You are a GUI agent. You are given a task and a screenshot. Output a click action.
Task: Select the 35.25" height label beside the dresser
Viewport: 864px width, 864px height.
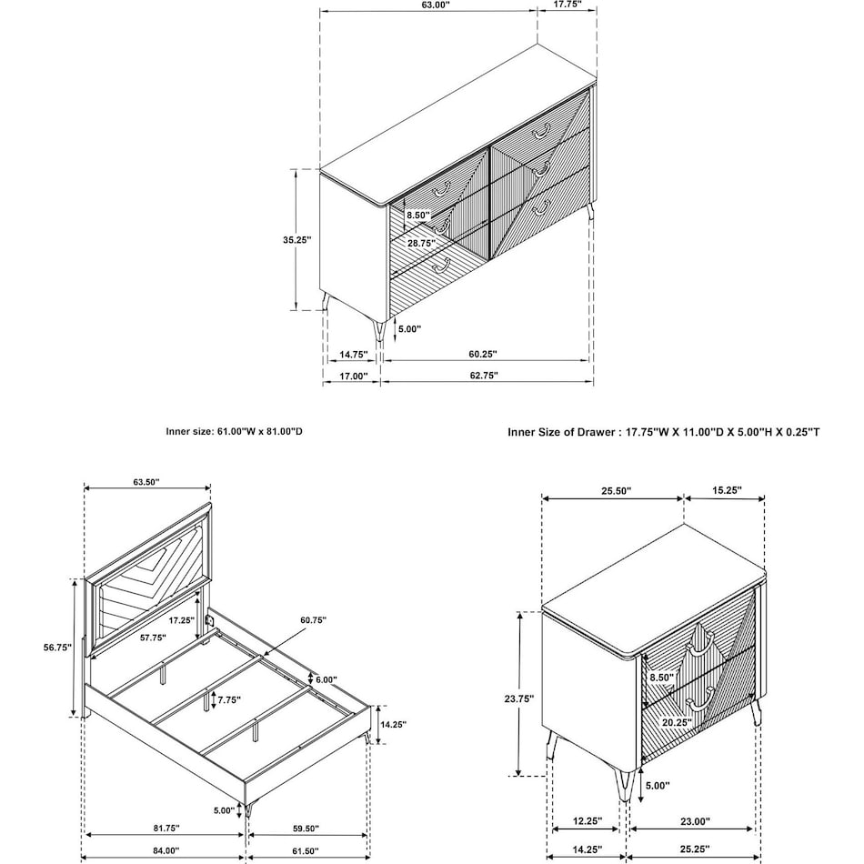(296, 240)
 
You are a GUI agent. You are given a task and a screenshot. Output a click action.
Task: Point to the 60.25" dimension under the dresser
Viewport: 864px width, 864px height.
(482, 353)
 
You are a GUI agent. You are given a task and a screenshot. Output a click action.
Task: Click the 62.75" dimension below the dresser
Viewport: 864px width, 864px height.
(482, 375)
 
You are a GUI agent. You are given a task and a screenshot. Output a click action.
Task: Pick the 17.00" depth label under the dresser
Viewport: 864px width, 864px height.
(352, 375)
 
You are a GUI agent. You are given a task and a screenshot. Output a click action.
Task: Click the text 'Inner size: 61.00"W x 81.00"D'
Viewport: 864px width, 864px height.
(235, 432)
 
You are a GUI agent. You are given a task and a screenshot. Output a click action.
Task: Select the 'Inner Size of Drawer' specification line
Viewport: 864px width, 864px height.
(663, 432)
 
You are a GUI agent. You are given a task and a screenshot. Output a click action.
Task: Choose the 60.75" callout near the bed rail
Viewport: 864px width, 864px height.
(312, 620)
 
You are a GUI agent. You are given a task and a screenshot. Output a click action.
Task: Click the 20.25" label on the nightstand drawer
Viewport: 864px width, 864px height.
(677, 722)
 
